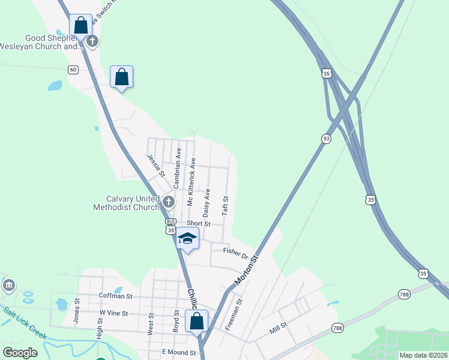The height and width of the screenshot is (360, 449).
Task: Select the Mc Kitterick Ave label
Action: tap(191, 182)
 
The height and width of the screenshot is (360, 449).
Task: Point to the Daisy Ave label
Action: tap(206, 203)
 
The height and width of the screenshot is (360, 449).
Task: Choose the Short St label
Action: tap(198, 223)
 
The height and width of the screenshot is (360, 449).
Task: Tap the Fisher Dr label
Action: tap(235, 250)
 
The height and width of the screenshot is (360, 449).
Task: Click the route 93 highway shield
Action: tap(326, 139)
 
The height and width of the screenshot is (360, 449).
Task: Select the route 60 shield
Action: tap(73, 70)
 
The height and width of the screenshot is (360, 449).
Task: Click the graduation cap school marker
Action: tap(187, 239)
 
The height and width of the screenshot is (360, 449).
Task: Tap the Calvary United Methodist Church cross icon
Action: tap(168, 202)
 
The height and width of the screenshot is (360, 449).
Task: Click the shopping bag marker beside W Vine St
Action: tap(197, 321)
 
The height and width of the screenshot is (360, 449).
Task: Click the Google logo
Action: tap(20, 353)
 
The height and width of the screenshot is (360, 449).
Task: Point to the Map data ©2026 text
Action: tap(423, 355)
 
